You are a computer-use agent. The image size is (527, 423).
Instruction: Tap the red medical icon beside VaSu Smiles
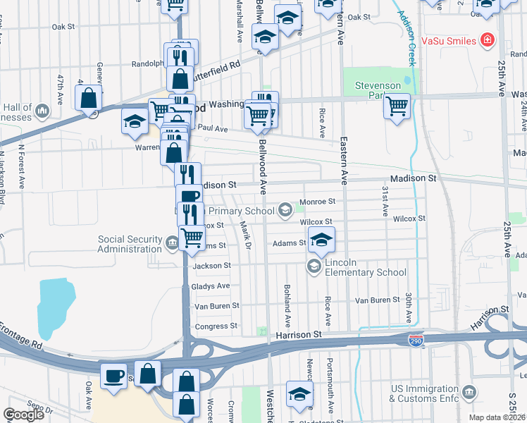[486, 40]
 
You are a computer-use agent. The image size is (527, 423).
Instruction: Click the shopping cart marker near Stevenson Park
[397, 106]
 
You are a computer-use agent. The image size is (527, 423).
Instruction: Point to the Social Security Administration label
[129, 244]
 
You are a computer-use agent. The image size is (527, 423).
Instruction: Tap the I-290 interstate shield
[417, 340]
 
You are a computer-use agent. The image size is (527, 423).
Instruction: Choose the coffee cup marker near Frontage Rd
[113, 375]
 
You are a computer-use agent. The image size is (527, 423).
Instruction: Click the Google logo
[23, 415]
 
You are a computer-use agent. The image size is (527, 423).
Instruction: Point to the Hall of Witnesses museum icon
[42, 111]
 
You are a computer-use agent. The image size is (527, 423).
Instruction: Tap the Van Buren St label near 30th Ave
[377, 300]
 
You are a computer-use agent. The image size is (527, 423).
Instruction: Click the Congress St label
[216, 326]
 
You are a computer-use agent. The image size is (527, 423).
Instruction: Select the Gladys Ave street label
[211, 286]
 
